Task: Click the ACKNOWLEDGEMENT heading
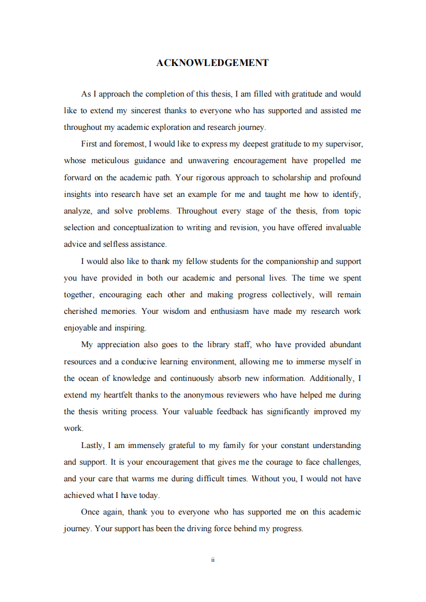click(x=212, y=63)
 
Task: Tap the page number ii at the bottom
click(x=213, y=560)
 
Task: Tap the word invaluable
click(x=341, y=227)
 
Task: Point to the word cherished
click(x=81, y=311)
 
